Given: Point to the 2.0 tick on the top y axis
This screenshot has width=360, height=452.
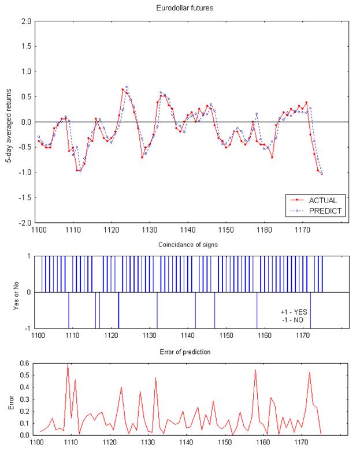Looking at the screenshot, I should (x=25, y=21).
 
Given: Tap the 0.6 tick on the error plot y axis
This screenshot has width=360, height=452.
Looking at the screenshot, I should (x=26, y=363).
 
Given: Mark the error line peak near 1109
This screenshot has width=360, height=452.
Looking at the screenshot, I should (x=68, y=364).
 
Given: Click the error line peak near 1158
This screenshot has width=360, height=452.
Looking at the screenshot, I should (x=255, y=370).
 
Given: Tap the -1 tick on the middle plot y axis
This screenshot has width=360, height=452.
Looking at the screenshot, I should (x=27, y=328).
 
